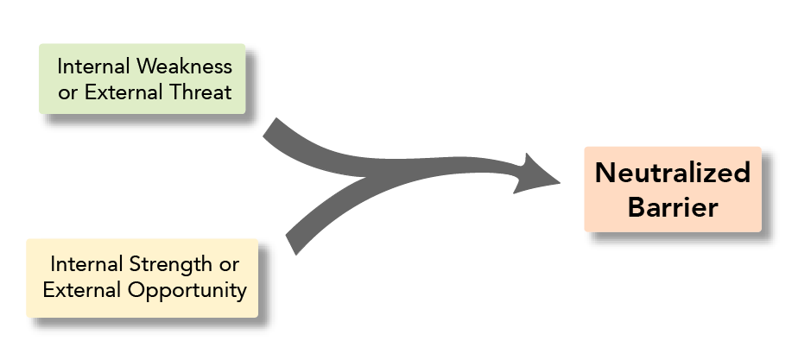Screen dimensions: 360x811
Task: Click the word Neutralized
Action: (x=673, y=174)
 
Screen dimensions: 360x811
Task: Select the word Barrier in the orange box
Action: (x=673, y=207)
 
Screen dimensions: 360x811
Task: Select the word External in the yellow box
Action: (x=82, y=289)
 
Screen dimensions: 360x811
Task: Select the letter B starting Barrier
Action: (x=636, y=207)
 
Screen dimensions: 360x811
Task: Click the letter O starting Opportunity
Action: (x=135, y=289)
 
